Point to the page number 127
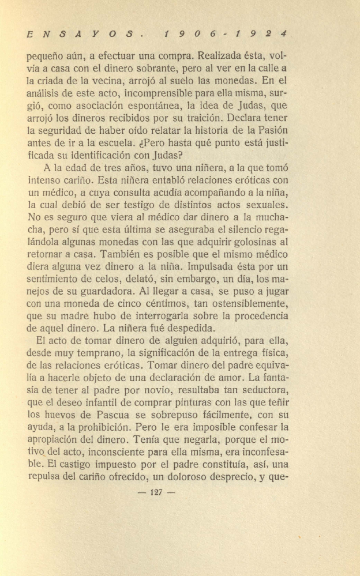tap(157, 492)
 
